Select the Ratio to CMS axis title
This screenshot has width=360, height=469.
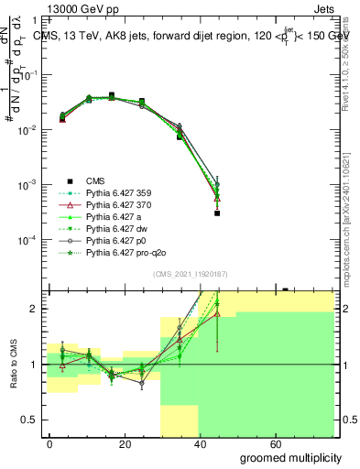click(15, 365)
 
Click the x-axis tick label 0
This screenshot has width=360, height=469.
click(49, 443)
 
